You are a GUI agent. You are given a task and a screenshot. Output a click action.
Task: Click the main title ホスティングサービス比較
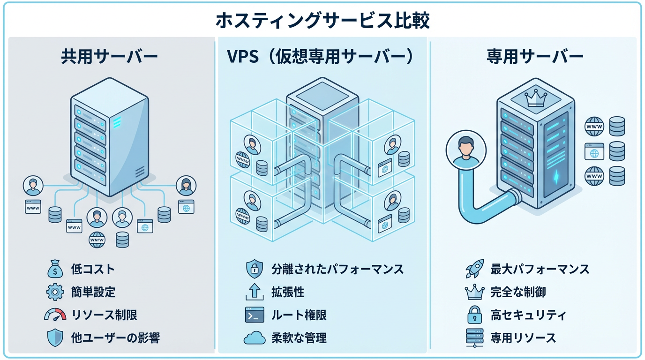322,21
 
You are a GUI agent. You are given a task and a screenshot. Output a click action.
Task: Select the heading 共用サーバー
109,57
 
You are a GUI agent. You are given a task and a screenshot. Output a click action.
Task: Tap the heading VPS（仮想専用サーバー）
321,57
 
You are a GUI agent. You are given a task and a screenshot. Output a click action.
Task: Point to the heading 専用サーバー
534,57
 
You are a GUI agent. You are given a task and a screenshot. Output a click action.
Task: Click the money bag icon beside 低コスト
55,270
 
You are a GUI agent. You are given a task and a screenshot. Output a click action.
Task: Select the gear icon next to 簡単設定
55,292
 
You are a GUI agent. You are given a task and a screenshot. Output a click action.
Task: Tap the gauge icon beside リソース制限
55,315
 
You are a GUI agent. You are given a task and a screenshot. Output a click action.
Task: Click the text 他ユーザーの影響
115,337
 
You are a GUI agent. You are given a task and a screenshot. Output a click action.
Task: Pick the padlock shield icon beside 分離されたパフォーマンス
255,270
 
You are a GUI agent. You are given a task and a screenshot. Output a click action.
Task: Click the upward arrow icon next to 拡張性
255,292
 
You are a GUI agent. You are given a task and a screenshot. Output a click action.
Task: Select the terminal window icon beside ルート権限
255,315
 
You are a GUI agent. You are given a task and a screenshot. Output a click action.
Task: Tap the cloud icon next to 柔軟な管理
255,337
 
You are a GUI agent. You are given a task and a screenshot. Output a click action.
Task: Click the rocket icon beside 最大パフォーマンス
474,270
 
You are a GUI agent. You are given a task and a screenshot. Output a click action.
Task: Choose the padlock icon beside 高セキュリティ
474,315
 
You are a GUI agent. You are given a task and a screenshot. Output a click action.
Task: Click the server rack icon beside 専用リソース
474,337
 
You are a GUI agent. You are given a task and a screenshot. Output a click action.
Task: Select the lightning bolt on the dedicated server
556,177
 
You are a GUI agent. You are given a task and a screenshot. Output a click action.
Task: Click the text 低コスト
93,270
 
